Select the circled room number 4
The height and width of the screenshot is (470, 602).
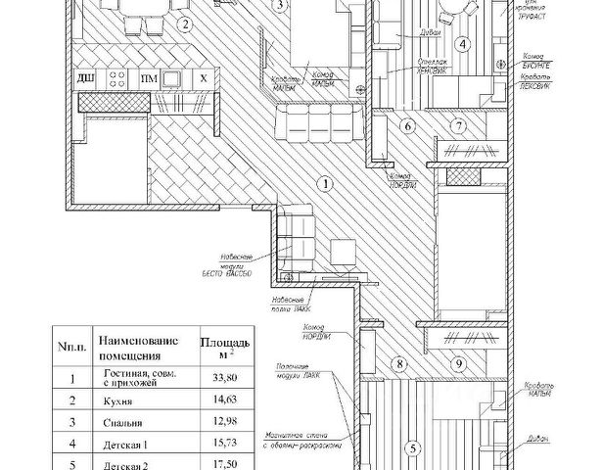click(464, 43)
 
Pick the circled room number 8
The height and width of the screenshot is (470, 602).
click(398, 364)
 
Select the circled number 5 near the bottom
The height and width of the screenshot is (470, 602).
click(412, 449)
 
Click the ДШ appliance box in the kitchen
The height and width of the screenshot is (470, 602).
click(85, 77)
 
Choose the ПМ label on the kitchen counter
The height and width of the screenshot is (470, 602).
click(148, 77)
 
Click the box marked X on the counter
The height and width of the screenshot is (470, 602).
click(203, 77)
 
